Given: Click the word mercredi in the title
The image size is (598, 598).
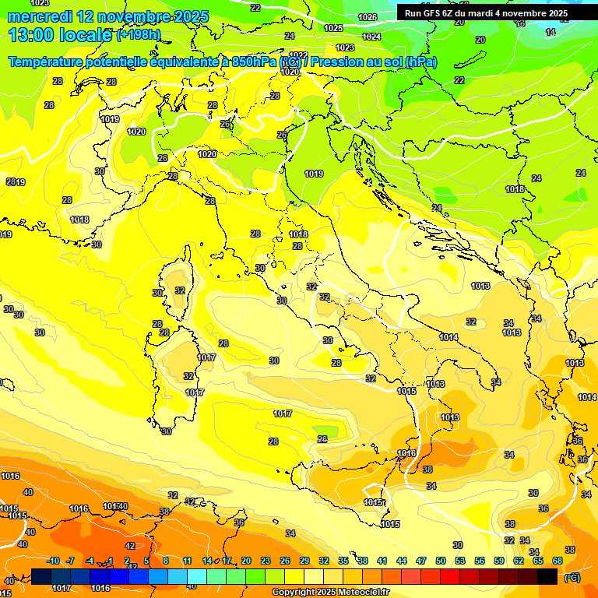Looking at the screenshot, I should click(41, 16).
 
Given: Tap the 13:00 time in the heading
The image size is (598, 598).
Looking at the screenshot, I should click(35, 35).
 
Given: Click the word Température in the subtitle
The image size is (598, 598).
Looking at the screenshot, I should click(48, 62).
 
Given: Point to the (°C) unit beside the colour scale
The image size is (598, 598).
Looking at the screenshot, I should click(572, 577).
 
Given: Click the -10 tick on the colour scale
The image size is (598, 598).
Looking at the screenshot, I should click(54, 561).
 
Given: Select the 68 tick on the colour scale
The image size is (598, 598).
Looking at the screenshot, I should click(558, 561).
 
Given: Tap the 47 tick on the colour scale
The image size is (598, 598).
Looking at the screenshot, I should click(420, 561).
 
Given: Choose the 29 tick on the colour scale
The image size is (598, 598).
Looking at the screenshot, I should click(303, 561).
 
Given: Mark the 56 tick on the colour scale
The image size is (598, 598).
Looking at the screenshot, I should click(479, 561).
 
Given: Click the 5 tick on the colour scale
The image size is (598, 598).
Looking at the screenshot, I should click(146, 561).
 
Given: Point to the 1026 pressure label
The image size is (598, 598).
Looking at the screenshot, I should click(368, 17).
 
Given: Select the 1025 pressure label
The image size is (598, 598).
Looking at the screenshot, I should click(333, 28).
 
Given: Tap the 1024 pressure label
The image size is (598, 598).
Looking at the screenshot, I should click(371, 37).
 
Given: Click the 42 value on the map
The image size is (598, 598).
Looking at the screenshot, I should click(130, 546).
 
